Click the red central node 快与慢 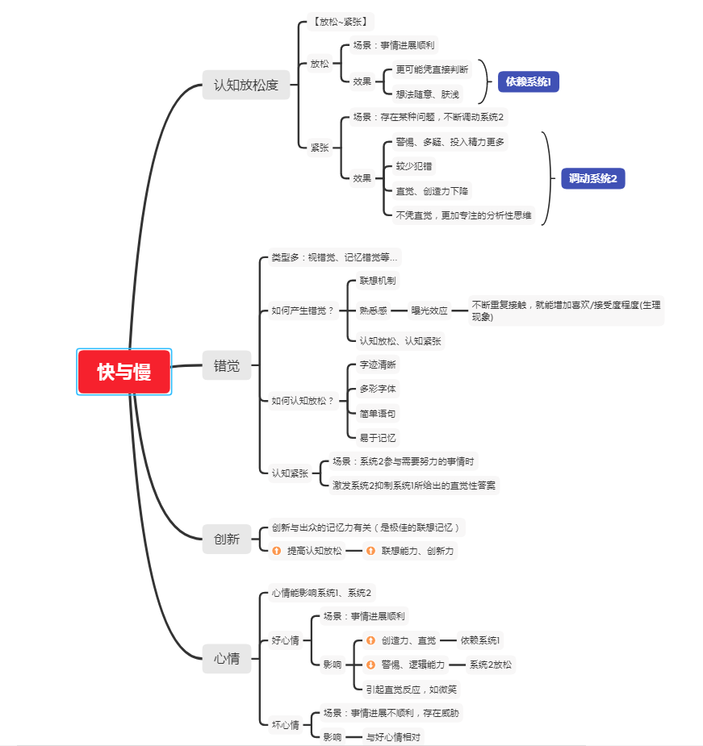[123, 372]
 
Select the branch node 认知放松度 [245, 85]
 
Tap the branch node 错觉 [227, 365]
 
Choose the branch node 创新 [227, 539]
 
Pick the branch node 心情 [227, 658]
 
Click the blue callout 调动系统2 [593, 178]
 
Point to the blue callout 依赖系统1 [529, 81]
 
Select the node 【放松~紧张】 [341, 22]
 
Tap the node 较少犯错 [414, 166]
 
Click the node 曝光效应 [429, 310]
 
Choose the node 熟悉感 [374, 310]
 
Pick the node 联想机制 [378, 281]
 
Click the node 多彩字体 [378, 389]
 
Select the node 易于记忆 [378, 438]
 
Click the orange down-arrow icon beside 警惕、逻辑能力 [370, 665]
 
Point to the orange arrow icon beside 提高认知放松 [276, 551]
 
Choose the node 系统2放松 [491, 665]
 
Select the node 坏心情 [285, 725]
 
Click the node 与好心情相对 [393, 737]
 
